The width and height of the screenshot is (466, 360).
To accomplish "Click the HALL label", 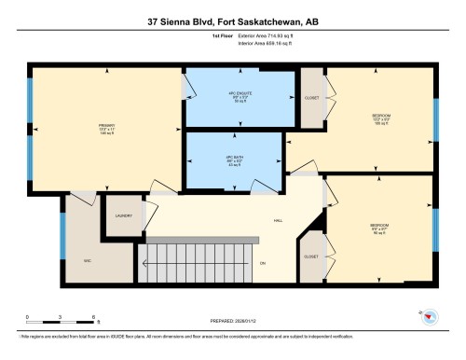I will (278, 221).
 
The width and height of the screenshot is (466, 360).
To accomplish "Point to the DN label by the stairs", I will (263, 262).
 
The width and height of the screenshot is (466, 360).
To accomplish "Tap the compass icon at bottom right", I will (429, 318).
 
